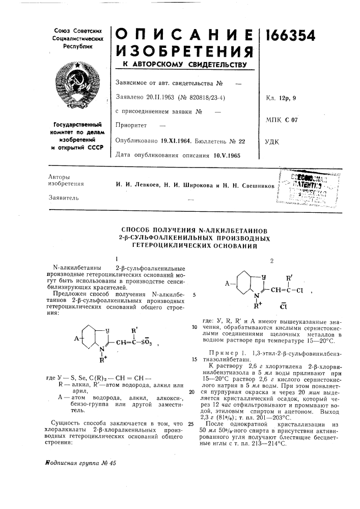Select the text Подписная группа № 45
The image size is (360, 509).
[x=80, y=477]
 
